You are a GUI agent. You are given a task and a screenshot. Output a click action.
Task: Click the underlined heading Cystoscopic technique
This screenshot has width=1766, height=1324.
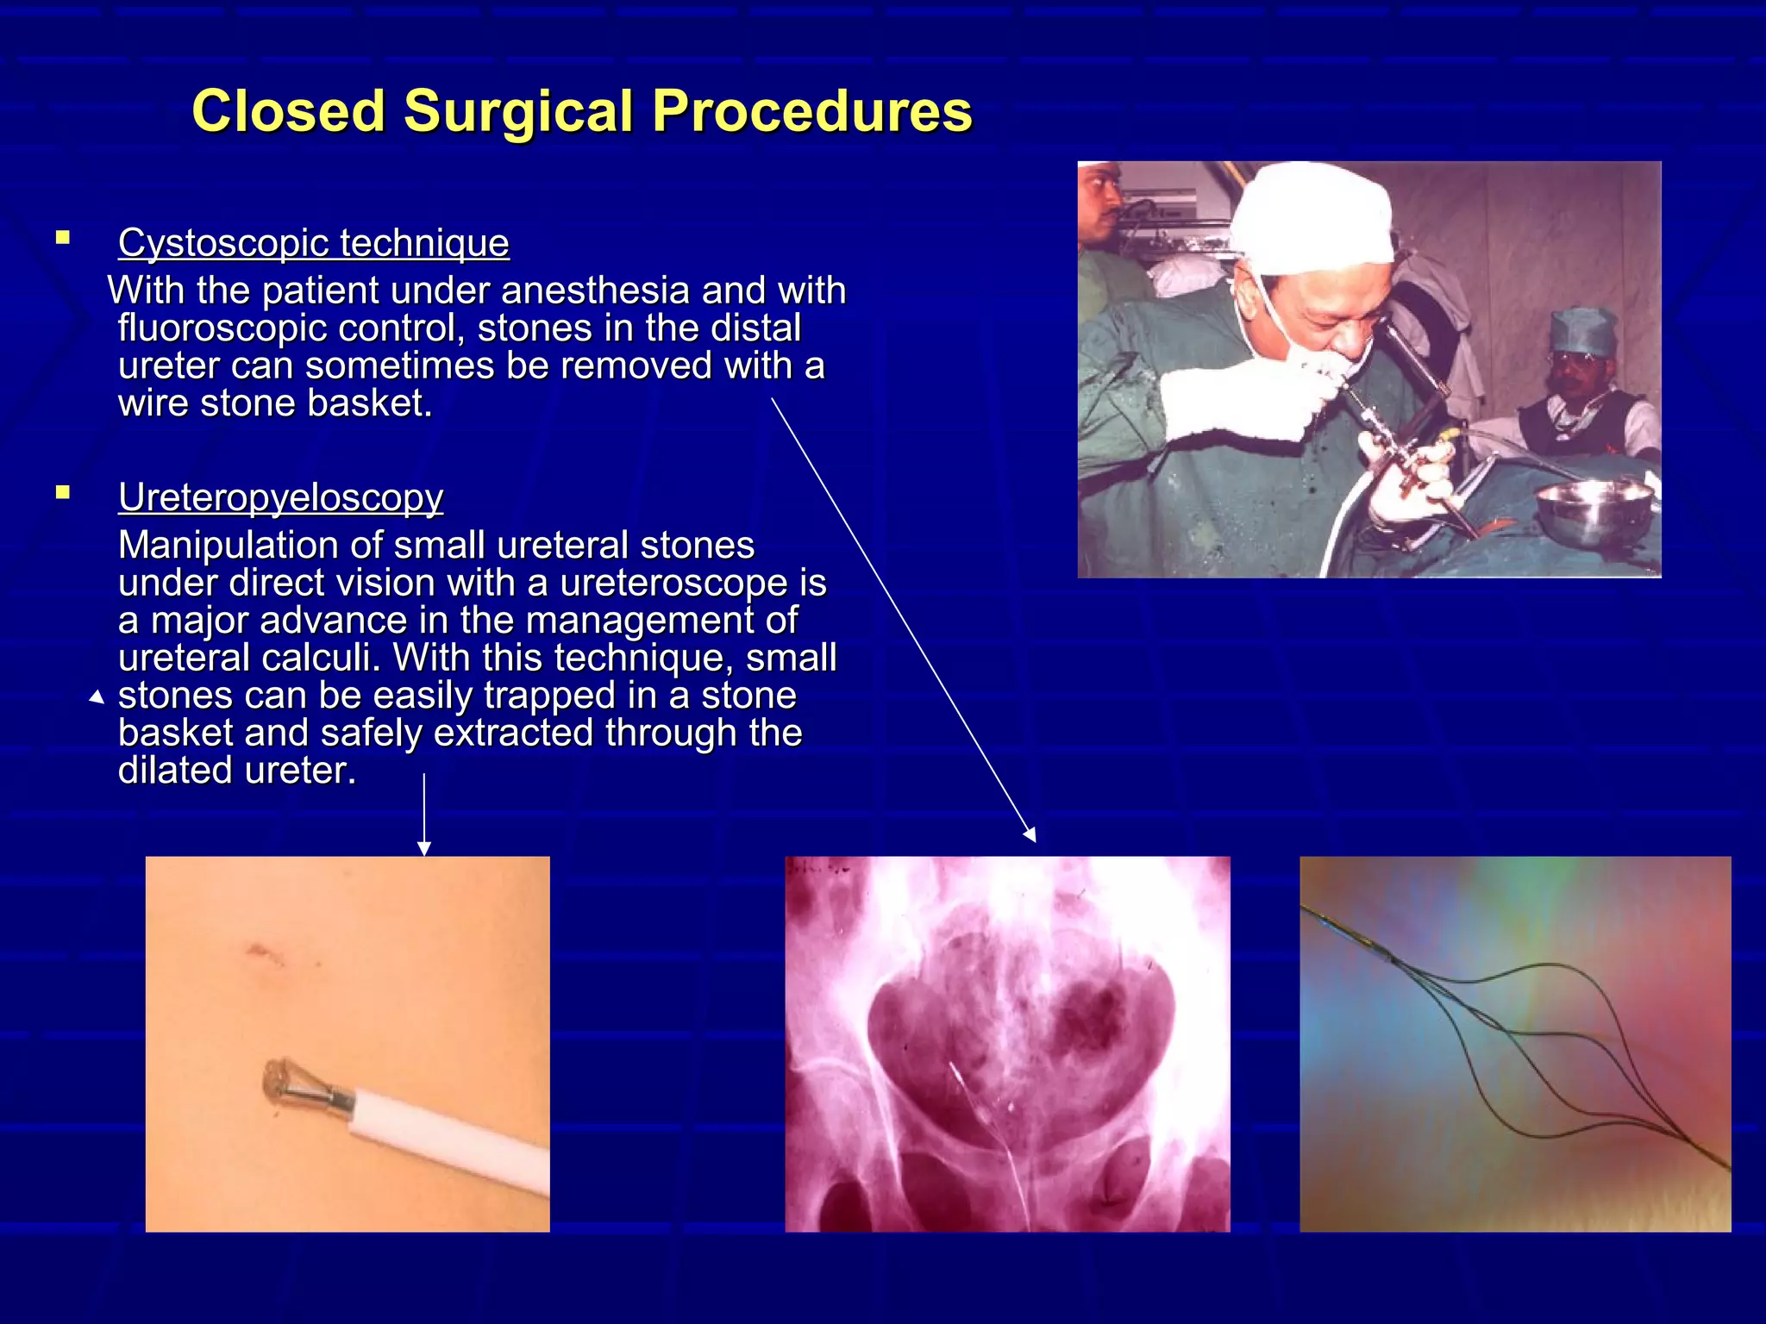pos(313,242)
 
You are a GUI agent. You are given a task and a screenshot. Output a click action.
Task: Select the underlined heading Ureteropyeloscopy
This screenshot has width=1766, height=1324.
pos(280,497)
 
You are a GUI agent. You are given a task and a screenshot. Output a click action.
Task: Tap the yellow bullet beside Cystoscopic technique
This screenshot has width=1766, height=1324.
pos(62,238)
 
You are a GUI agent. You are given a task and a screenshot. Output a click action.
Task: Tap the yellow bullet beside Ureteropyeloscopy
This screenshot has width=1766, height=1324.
pos(62,493)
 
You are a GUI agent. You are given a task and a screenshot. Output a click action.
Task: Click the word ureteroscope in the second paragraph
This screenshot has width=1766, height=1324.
pos(673,584)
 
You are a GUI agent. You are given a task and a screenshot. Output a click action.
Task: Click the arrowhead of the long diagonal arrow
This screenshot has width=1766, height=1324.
pos(1030,835)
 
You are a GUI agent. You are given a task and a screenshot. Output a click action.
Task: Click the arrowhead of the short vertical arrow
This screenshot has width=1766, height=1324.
pos(423,849)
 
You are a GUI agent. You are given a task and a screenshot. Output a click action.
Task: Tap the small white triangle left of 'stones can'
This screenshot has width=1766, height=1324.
pos(97,697)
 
